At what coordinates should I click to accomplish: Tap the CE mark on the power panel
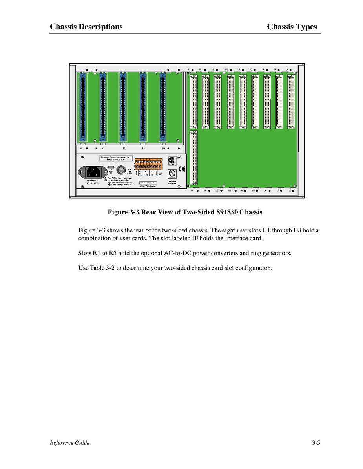[182, 169]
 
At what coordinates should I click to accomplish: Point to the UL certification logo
[171, 174]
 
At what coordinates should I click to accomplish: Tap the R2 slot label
[102, 149]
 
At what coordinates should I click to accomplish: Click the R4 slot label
[143, 149]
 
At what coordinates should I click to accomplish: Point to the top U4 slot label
[238, 70]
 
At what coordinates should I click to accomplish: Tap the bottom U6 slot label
[265, 190]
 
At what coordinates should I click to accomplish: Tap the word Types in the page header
[305, 27]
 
